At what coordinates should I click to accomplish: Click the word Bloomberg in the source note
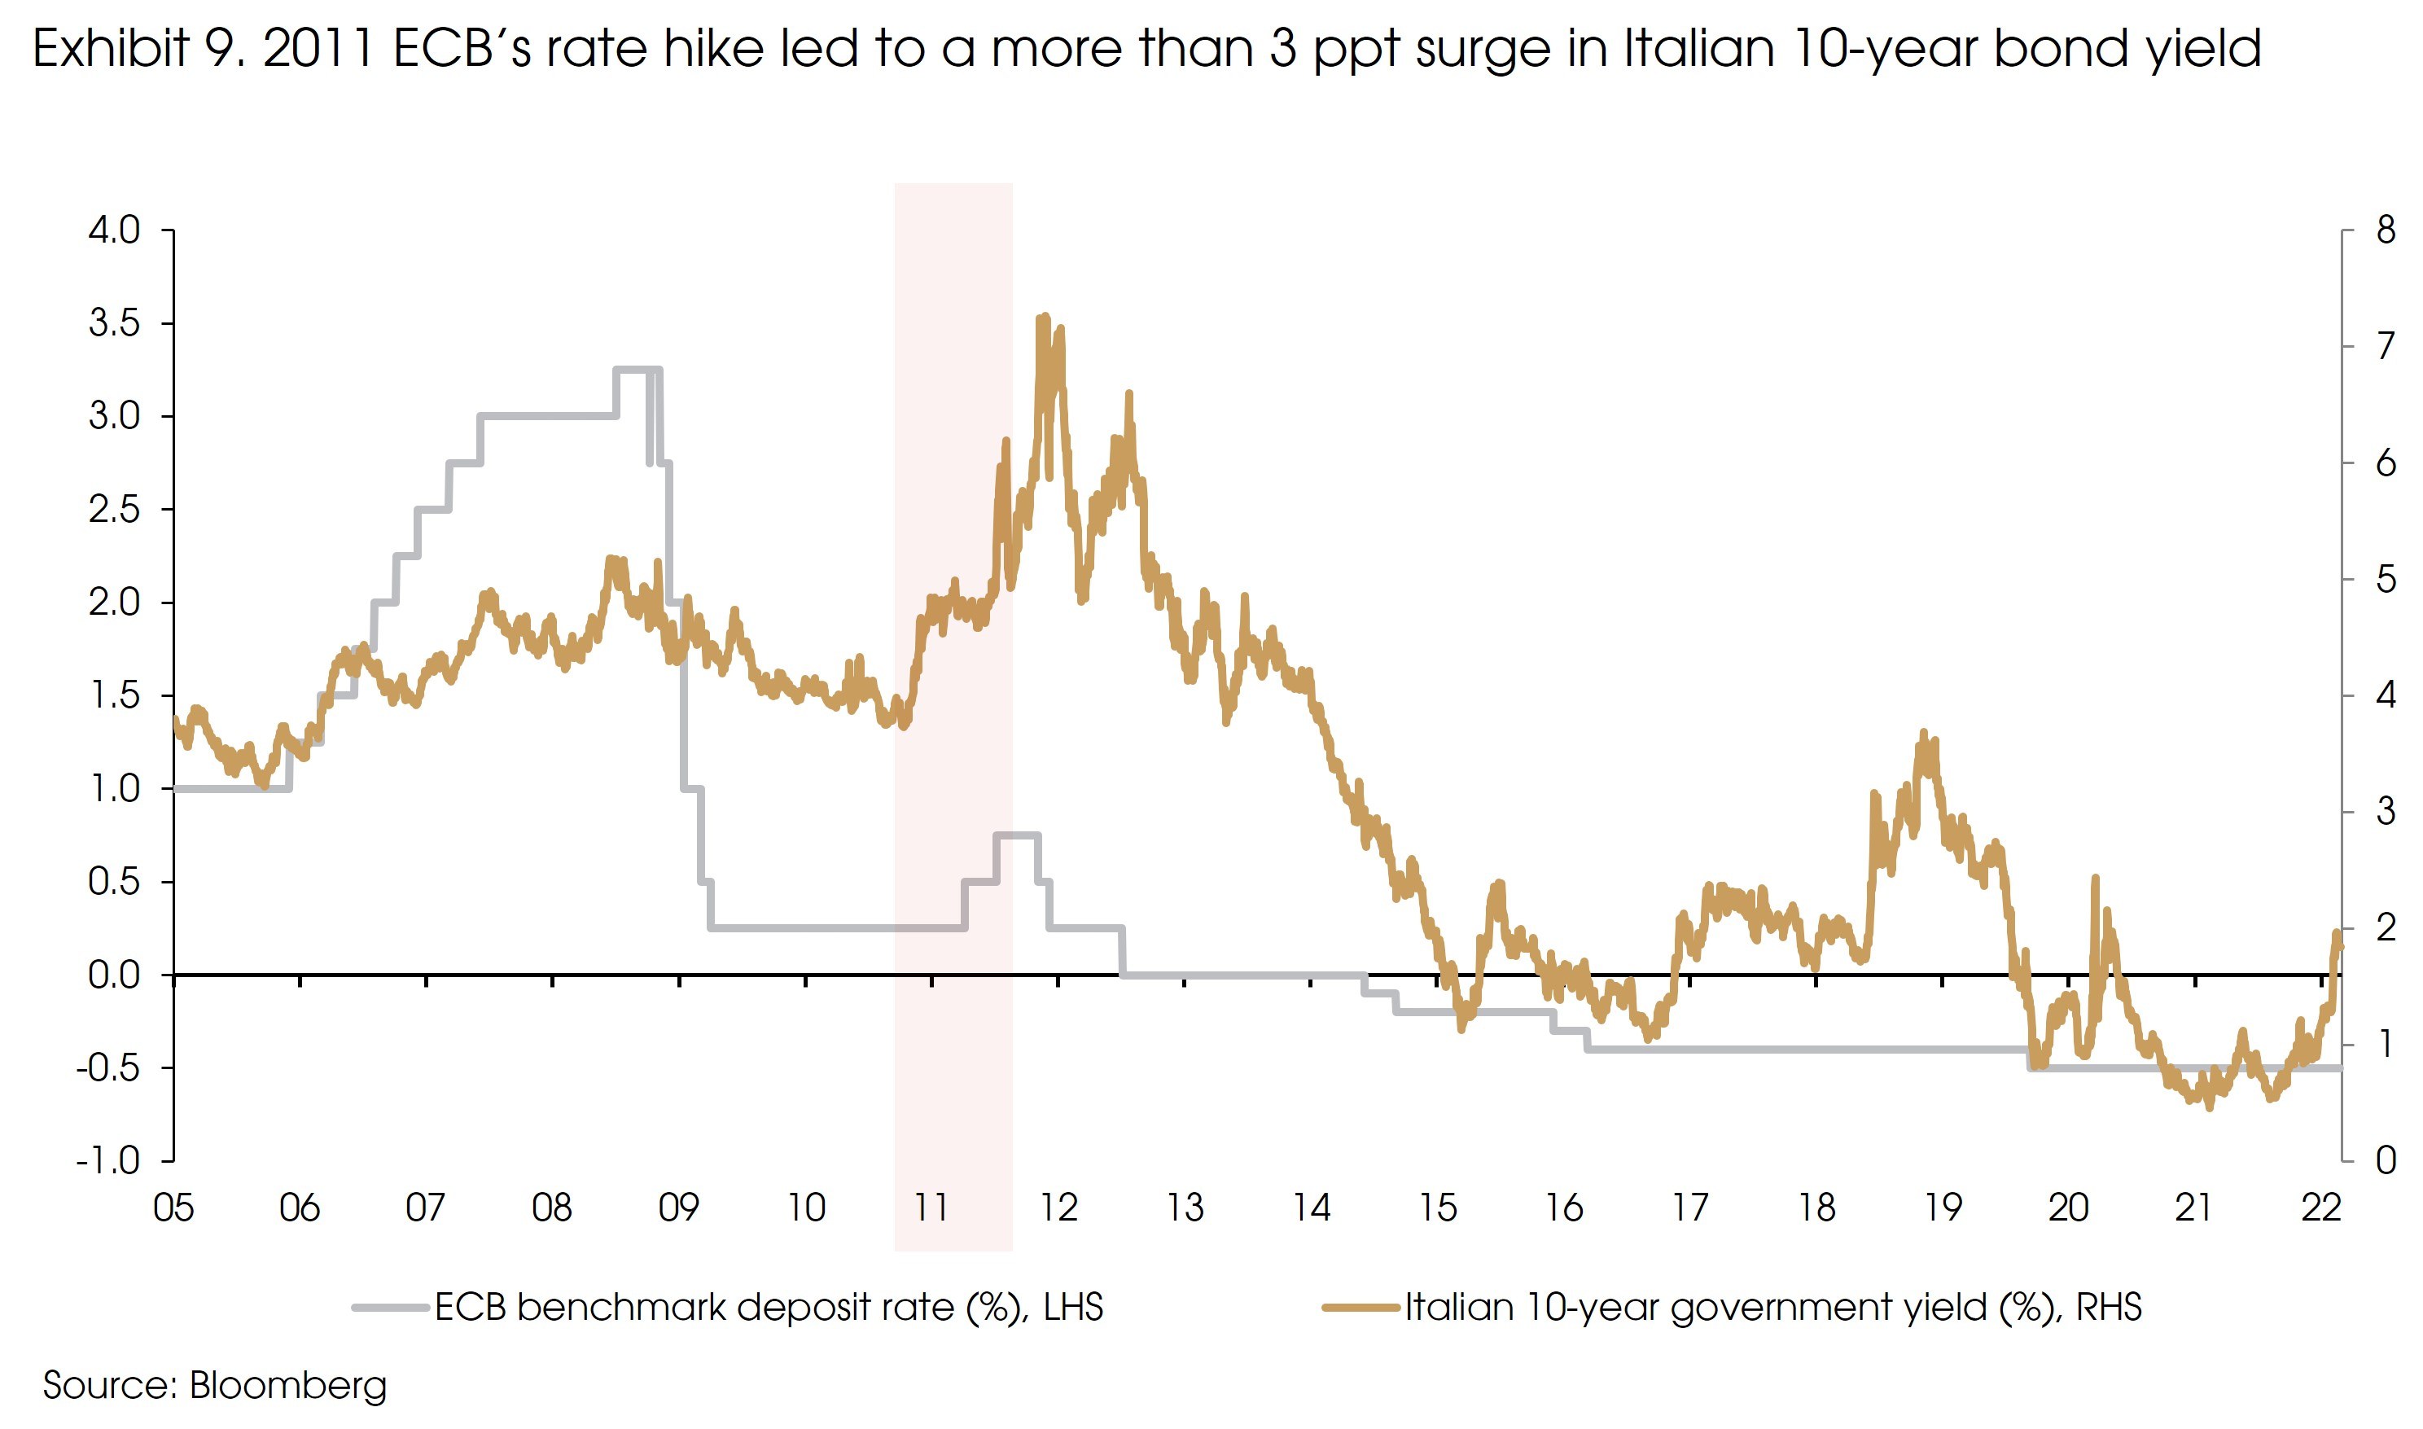(288, 1386)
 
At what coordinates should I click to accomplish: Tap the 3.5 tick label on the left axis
(115, 323)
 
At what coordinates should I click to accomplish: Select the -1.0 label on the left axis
(107, 1160)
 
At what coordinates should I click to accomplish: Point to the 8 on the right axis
(2386, 230)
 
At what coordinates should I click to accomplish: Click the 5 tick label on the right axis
(2386, 580)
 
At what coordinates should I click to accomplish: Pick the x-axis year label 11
(931, 1208)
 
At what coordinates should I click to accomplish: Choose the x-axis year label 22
(2320, 1208)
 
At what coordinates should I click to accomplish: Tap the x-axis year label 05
(173, 1208)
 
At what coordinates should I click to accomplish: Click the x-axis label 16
(1563, 1208)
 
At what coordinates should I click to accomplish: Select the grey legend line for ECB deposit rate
(390, 1308)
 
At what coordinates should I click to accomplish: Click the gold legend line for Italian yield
(1359, 1308)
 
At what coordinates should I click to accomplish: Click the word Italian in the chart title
(1698, 48)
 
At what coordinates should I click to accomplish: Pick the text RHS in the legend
(2108, 1308)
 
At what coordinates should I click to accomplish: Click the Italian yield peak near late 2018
(1923, 734)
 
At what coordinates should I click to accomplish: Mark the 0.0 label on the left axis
(115, 975)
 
